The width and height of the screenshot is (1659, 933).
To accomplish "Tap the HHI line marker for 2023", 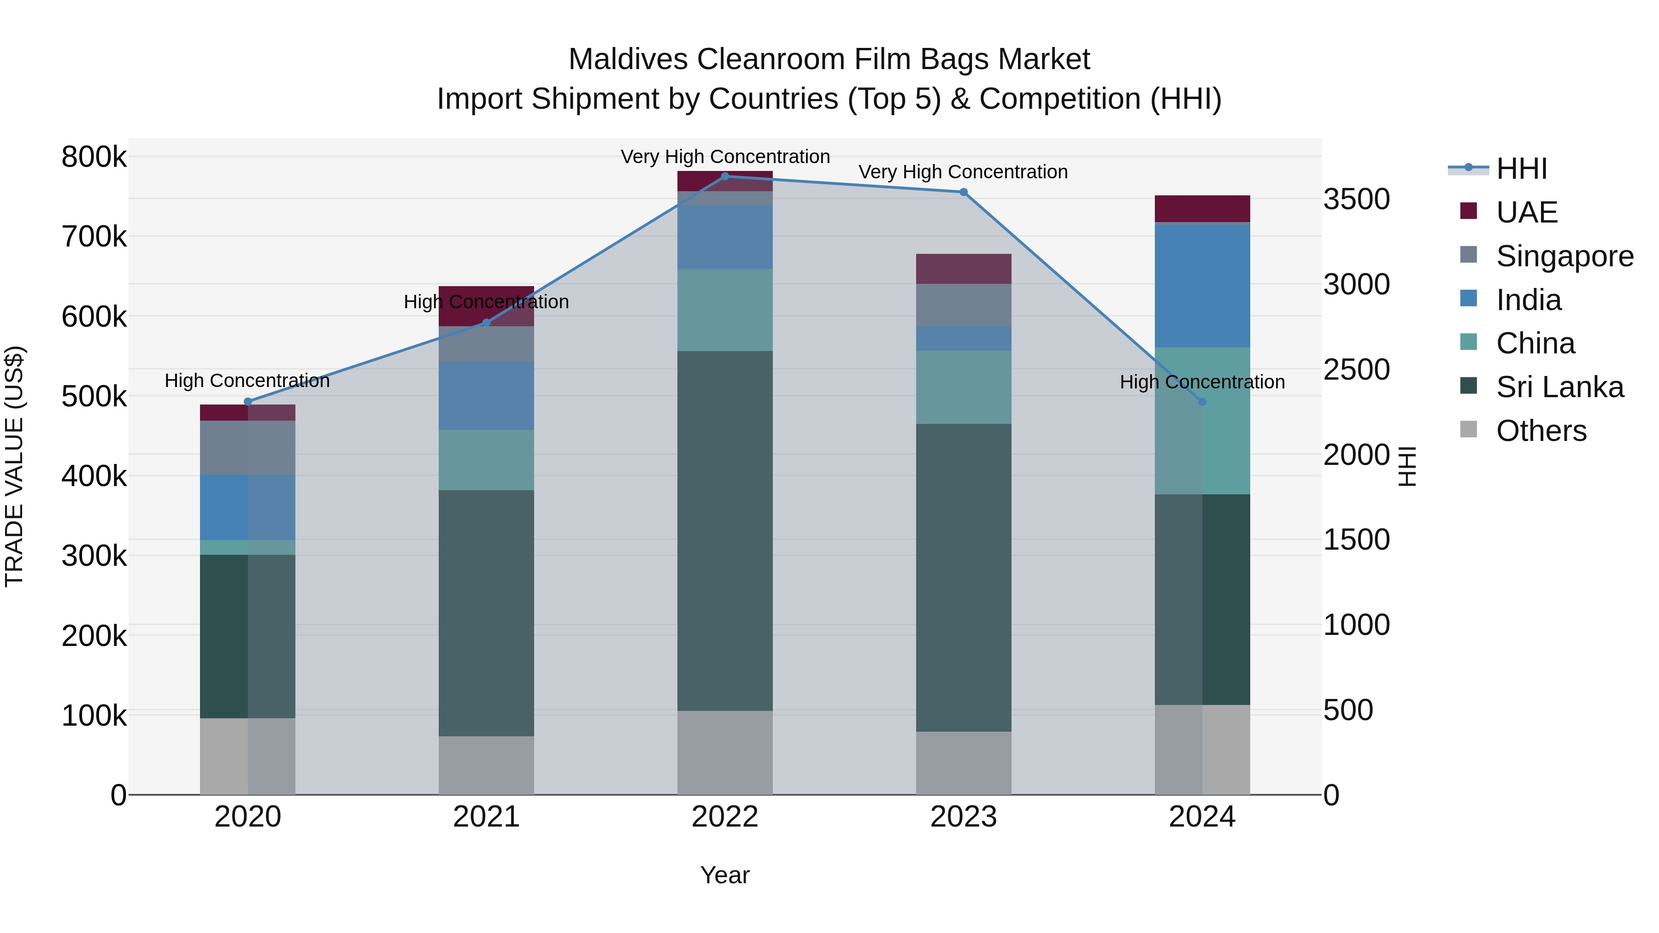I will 964,192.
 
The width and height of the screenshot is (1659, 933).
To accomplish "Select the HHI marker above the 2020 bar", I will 248,402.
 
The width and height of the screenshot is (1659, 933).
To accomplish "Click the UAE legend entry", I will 1526,212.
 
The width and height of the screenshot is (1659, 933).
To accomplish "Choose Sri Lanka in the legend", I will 1559,387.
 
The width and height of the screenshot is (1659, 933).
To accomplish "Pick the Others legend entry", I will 1541,431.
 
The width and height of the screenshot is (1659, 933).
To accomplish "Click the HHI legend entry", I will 1521,169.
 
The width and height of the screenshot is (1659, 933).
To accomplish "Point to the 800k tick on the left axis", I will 94,157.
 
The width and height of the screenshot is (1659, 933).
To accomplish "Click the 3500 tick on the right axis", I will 1356,199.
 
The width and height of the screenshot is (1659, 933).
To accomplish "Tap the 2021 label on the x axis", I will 486,817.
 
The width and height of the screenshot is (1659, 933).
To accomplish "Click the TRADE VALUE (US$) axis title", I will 14,466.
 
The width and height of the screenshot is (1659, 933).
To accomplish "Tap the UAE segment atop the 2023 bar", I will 964,269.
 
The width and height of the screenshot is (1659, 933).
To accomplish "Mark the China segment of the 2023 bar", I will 964,387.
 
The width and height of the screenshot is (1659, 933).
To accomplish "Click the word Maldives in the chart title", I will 629,59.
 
